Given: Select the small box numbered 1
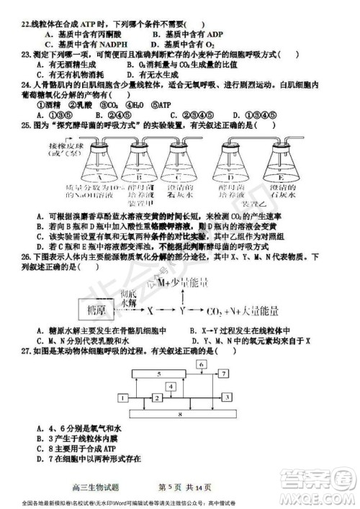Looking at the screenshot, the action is coord(156,398).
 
